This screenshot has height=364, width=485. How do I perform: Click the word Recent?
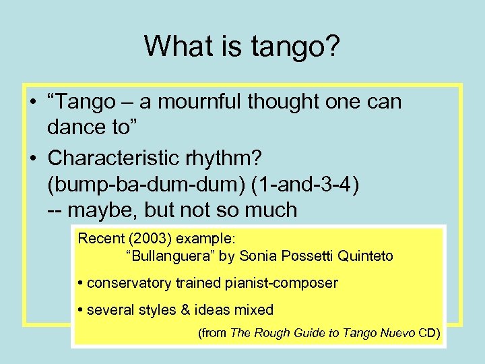point(100,238)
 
